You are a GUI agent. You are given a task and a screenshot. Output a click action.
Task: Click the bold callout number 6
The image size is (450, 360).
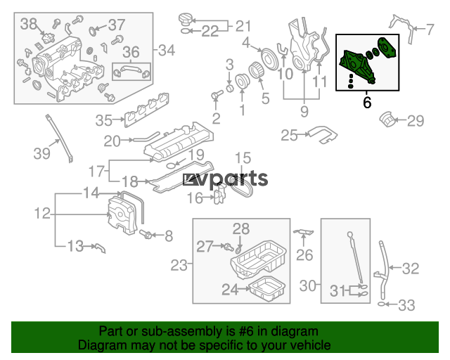point(367,103)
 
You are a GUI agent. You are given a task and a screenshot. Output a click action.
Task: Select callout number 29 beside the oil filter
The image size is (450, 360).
point(416,120)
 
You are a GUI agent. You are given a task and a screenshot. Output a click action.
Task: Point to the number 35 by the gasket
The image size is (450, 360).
point(103,120)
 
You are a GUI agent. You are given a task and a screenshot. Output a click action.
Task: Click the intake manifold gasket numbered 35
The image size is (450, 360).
point(146,110)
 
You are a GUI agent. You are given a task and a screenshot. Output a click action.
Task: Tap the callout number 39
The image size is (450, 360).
point(42,153)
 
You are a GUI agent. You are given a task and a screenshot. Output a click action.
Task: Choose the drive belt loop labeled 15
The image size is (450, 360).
point(243,186)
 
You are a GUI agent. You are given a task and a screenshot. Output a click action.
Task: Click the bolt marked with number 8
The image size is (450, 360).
point(146,235)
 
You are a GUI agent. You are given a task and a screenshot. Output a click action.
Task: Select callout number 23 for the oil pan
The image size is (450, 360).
point(179,265)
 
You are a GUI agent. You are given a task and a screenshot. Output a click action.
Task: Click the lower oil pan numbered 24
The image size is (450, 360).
point(267,289)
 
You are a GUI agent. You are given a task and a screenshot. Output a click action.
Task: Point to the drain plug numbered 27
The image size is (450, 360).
point(229,247)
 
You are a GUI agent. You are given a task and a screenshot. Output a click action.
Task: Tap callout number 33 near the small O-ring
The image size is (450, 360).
point(406,305)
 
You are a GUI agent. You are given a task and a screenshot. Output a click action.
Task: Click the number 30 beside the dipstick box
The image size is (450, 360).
point(308,285)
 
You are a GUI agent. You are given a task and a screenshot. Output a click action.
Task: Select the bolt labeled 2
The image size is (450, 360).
point(217,95)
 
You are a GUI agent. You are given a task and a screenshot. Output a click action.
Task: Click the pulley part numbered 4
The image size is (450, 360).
point(270,59)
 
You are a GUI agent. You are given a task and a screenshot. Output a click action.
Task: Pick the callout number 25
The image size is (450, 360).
point(289,135)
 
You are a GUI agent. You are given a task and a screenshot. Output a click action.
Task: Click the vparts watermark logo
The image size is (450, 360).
point(225,179)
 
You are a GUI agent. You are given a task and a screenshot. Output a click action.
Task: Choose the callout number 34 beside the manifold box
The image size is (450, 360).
point(167,50)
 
